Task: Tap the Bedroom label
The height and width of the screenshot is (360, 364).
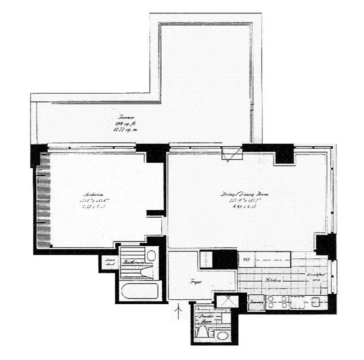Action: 91,195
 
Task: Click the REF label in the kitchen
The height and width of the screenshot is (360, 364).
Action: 246,259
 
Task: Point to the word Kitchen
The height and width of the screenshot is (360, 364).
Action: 273,279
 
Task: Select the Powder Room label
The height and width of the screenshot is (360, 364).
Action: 205,319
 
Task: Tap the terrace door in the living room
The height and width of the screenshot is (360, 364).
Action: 234,155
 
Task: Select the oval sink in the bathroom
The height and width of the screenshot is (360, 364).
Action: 151,256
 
